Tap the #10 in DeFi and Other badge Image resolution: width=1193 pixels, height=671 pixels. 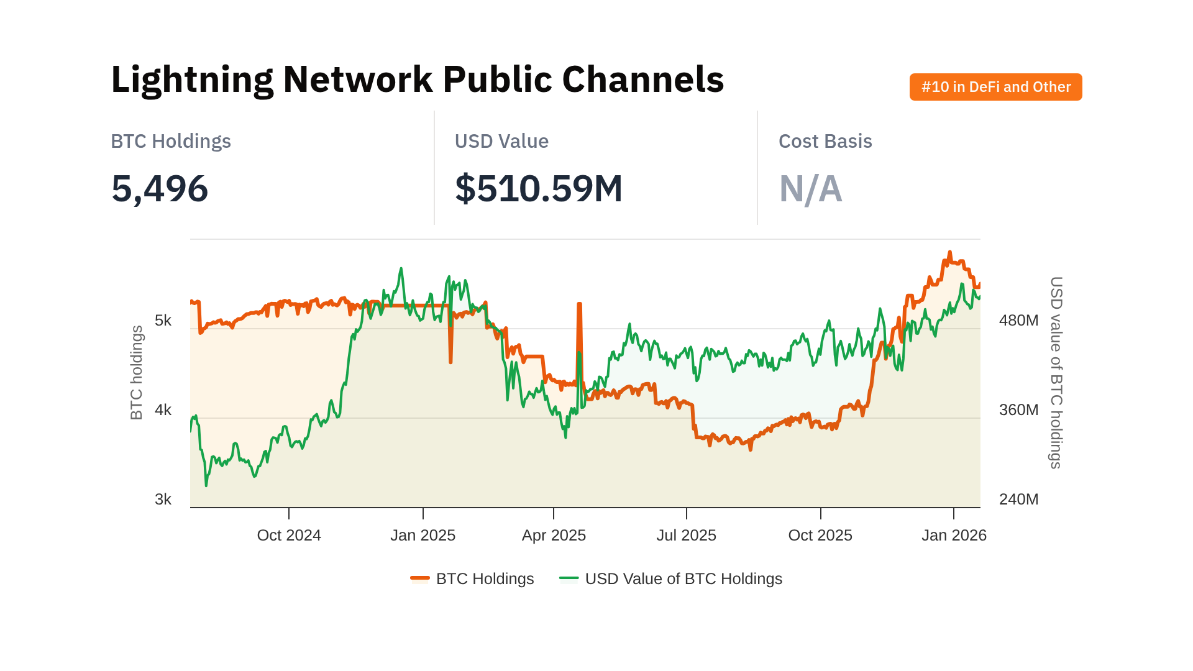coord(995,87)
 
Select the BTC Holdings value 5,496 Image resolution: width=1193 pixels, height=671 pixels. coord(160,189)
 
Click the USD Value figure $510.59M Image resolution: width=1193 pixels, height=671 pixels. coord(538,189)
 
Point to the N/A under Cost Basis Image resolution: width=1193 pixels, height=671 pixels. coord(810,189)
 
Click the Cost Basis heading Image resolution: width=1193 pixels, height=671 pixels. coord(825,142)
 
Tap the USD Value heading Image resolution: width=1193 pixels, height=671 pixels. coord(501,142)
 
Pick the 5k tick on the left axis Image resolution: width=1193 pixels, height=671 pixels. coord(163,321)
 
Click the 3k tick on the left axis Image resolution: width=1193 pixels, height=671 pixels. coord(163,500)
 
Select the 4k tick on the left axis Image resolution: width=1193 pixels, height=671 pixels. coord(163,410)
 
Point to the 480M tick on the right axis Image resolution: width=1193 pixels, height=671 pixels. coord(1018,321)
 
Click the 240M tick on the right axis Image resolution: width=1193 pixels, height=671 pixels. coord(1018,500)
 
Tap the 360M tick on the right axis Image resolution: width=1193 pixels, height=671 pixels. coord(1018,410)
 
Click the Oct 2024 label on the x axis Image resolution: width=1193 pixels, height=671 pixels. coord(289,536)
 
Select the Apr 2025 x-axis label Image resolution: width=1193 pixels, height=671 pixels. coord(554,536)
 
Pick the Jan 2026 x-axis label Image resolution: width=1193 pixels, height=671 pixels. coord(954,536)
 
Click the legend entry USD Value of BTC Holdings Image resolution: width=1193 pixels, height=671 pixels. coord(683,579)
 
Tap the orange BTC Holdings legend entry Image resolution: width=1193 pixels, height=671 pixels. coord(484,579)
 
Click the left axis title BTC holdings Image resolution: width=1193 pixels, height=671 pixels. coord(137,373)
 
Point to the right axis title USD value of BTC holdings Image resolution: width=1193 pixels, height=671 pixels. coord(1056,373)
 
